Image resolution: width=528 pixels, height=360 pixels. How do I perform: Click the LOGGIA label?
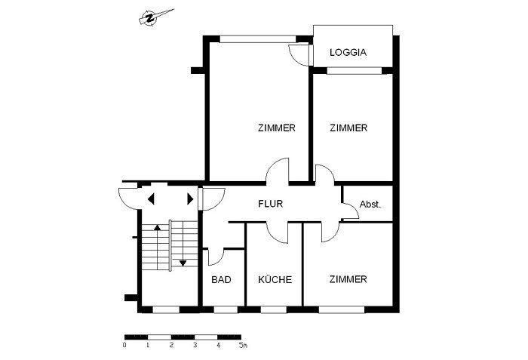[x=348, y=53]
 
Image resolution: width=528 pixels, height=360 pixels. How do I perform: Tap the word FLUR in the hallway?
[x=271, y=204]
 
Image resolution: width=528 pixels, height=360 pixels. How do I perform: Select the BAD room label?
[x=221, y=280]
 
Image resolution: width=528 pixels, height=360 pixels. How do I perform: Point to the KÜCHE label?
[x=275, y=280]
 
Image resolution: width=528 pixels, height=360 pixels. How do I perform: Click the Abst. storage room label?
[x=370, y=204]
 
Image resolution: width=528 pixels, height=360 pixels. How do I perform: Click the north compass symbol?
[x=151, y=19]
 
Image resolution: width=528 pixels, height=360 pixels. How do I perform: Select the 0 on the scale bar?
[x=124, y=346]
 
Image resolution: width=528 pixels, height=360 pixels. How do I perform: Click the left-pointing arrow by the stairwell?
[x=151, y=199]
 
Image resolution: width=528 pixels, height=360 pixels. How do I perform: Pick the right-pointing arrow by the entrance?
[x=189, y=199]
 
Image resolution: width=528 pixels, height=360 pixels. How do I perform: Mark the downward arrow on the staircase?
[x=183, y=263]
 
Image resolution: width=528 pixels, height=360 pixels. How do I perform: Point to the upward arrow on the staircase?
[x=157, y=226]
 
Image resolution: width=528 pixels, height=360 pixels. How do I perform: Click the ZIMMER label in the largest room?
[x=276, y=128]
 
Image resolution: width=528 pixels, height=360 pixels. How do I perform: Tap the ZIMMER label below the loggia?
[x=348, y=128]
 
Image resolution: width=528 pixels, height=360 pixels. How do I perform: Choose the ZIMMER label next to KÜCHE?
[x=348, y=280]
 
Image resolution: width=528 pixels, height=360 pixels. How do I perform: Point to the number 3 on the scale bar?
[x=195, y=346]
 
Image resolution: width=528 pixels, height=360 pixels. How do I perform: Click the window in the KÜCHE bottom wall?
[x=274, y=309]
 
